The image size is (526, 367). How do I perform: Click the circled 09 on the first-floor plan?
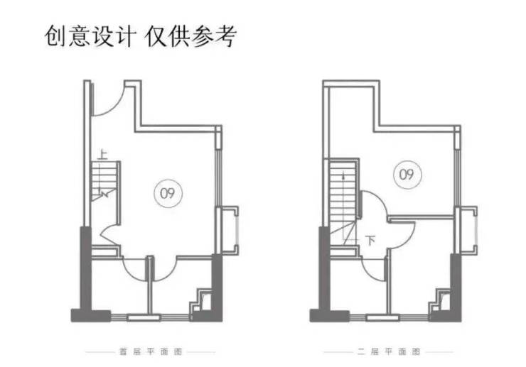coord(168,192)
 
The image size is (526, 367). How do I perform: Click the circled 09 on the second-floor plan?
coord(406,173)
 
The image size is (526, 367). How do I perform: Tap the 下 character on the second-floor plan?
coord(370,240)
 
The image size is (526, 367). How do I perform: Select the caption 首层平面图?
coord(150,351)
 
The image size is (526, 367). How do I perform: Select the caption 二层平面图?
coord(387,351)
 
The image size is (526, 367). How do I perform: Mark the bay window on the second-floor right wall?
coord(467,229)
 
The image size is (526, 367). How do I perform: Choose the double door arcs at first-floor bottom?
coord(149,268)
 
